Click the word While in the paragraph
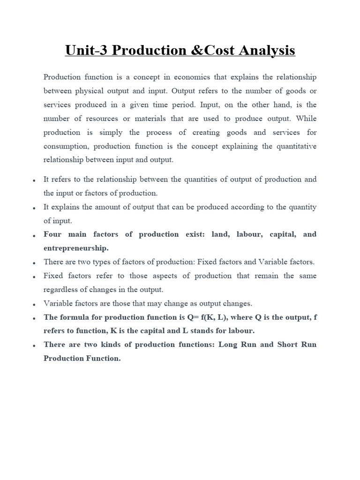pos(307,118)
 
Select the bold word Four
pos(53,234)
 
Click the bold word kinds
pos(118,345)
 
